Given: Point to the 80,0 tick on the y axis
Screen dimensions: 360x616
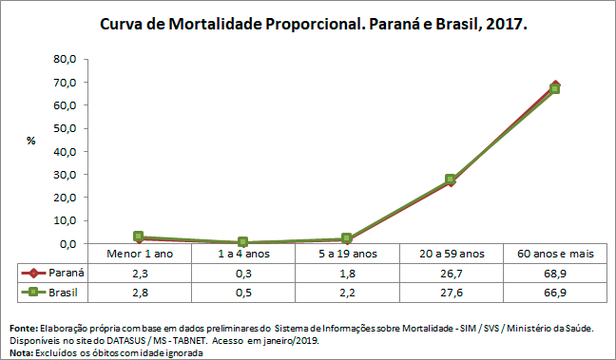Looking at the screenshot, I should [x=64, y=59].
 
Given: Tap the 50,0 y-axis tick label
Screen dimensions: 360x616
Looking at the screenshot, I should [x=64, y=128].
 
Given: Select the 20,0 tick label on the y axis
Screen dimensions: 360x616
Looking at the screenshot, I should [x=64, y=198].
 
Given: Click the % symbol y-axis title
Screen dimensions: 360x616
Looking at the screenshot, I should [x=30, y=141].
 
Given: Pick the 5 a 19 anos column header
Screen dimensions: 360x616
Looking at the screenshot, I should [x=346, y=254].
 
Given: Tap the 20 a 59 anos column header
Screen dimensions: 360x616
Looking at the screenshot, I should [x=451, y=254].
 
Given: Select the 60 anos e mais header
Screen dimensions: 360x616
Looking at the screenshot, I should [x=554, y=254].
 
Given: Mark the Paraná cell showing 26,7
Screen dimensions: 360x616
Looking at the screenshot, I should [x=451, y=274].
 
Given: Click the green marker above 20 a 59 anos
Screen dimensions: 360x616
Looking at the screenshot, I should [x=451, y=180].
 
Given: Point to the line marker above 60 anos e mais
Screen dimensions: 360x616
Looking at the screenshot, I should [x=555, y=87].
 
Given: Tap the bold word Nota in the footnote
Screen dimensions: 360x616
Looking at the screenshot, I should [x=19, y=352].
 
